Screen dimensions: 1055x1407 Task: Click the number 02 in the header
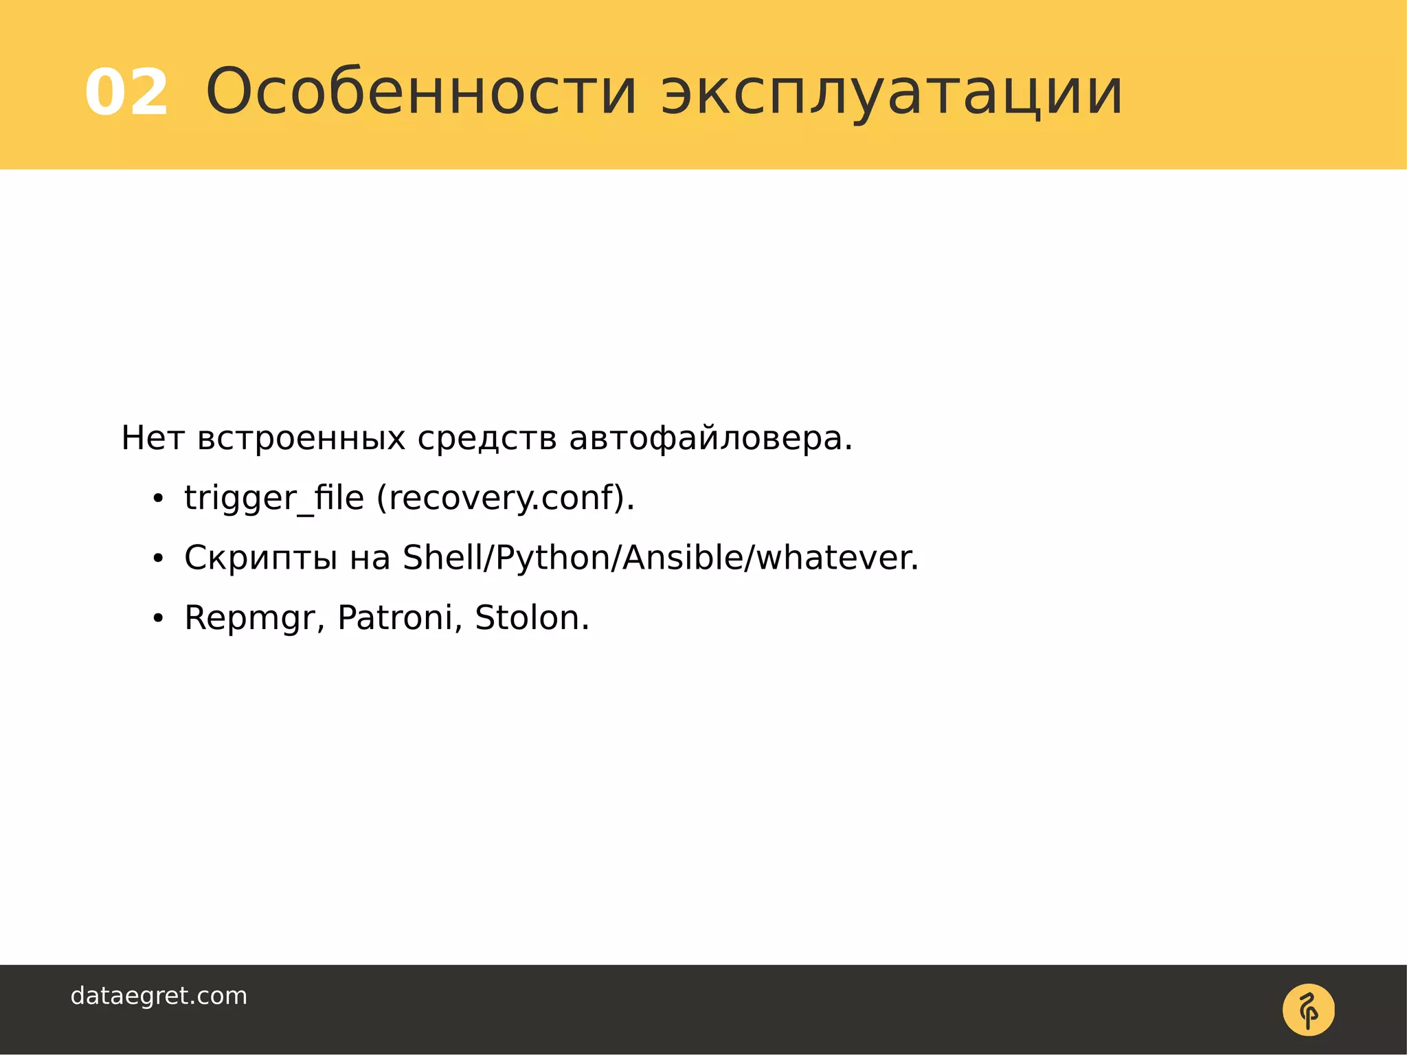coord(127,93)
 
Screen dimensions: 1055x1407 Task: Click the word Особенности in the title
coord(422,91)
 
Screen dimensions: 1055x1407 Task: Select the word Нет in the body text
coord(153,438)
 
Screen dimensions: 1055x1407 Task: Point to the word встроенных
coord(301,438)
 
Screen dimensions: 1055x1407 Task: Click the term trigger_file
coord(273,498)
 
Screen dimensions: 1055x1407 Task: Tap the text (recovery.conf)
coord(506,498)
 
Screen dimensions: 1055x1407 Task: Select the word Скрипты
coord(260,558)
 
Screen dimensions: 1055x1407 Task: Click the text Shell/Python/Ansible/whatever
coord(660,558)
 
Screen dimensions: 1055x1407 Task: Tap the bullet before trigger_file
coord(158,499)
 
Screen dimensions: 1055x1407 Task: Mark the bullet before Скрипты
coord(158,559)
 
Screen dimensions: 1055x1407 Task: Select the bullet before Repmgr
coord(158,619)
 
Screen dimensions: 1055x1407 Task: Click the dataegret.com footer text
coord(159,996)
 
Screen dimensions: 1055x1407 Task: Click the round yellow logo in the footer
coord(1308,1010)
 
